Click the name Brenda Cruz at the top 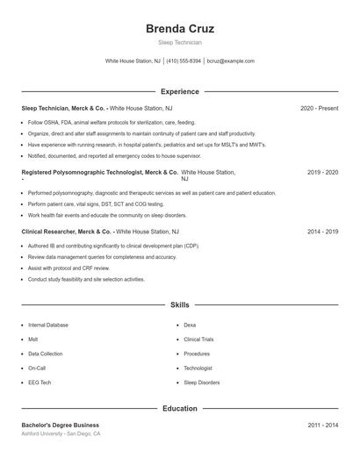coord(180,28)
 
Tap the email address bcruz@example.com coord(230,61)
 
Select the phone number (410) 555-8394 coord(184,61)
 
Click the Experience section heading coord(180,91)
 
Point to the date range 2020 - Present coord(319,108)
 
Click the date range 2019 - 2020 coord(322,174)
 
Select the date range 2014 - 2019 coord(322,232)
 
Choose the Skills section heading coord(180,304)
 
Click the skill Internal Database coord(48,325)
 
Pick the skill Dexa coord(191,325)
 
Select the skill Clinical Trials coord(199,340)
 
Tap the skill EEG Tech coord(40,383)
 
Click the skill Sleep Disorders coord(202,383)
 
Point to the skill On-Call coord(37,368)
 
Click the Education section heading coord(180,408)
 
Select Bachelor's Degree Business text coord(61,425)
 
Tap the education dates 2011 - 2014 coord(322,425)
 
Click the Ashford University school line coord(61,433)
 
